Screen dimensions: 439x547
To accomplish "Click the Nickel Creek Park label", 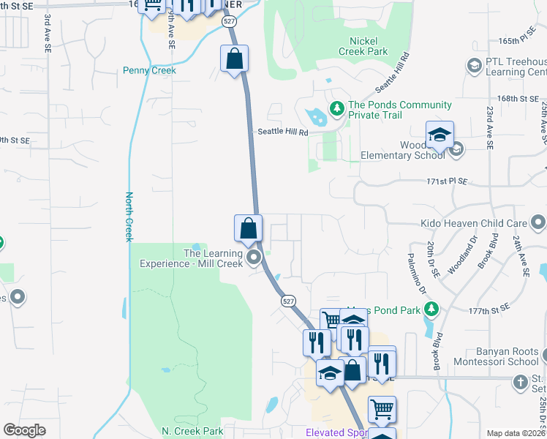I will point(363,46).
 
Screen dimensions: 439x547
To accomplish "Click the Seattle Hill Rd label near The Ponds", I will point(282,132).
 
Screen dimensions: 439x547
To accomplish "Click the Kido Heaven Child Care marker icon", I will point(538,221).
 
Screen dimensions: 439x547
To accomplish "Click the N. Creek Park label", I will point(192,431).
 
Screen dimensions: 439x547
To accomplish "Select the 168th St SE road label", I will point(514,98).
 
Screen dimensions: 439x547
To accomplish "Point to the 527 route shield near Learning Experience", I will point(289,301).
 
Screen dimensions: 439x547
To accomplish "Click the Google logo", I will point(24,430).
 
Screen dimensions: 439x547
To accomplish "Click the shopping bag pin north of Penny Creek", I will point(234,59).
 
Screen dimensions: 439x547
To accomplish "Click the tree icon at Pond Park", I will point(431,309).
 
